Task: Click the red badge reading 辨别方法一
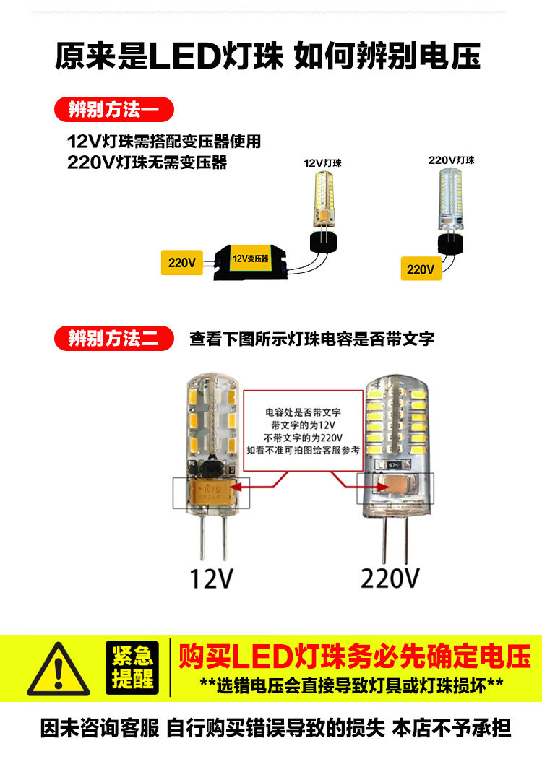coord(114,110)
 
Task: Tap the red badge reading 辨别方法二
coord(114,337)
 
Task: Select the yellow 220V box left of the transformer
coord(182,263)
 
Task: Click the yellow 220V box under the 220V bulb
coord(421,269)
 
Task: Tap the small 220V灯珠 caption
coord(452,160)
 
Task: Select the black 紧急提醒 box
coord(132,668)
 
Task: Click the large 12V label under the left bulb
coord(212,578)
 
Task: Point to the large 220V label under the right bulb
coord(390,578)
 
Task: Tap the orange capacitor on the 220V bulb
coord(391,490)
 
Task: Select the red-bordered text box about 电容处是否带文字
coord(302,430)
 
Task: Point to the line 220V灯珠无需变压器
coord(147,162)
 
